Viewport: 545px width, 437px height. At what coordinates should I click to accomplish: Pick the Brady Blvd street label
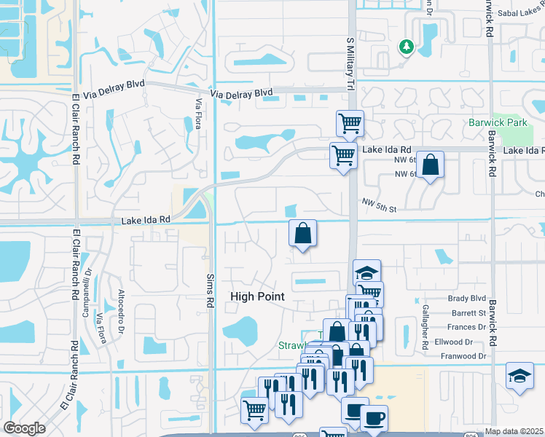click(467, 298)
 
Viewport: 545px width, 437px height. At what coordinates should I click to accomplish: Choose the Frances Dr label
click(468, 327)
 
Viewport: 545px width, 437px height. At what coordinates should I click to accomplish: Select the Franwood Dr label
click(464, 356)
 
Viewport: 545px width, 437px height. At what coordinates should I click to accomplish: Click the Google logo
click(24, 428)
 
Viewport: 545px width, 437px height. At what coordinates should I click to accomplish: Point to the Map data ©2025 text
click(514, 431)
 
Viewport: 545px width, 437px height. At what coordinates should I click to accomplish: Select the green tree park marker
click(406, 47)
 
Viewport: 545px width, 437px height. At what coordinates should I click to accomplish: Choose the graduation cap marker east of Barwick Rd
click(519, 376)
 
